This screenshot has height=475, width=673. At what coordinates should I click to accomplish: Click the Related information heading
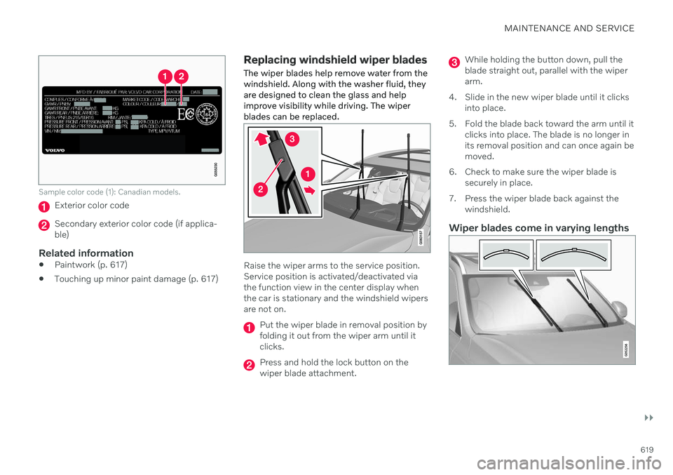(x=86, y=253)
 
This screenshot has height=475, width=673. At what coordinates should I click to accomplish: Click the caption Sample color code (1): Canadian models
(x=109, y=192)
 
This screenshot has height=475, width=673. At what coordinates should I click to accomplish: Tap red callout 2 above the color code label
(x=182, y=75)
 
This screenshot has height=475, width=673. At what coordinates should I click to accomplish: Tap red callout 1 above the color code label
(x=165, y=75)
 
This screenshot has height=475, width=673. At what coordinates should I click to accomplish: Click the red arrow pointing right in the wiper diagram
(x=311, y=189)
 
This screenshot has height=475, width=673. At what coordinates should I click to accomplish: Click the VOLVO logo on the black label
(x=55, y=149)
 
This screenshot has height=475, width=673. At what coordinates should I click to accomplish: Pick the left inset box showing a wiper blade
(x=506, y=255)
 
